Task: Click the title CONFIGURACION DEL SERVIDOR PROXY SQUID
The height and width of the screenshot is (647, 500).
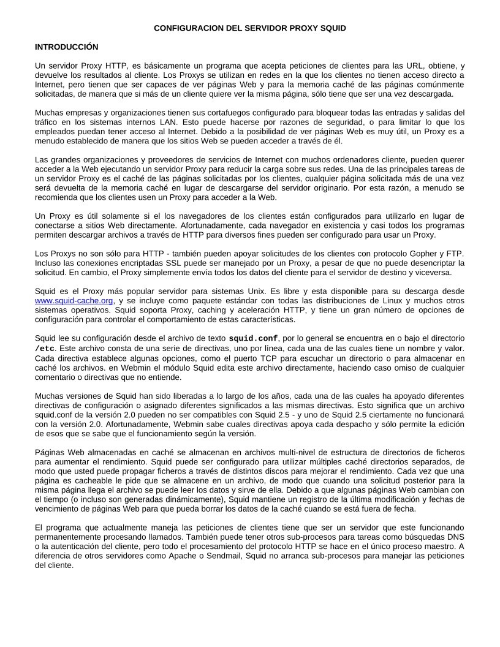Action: [249, 28]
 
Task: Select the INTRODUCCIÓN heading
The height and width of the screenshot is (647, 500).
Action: [66, 47]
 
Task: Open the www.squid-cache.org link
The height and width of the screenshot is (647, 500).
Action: [74, 301]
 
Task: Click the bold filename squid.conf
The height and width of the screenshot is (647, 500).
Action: [253, 339]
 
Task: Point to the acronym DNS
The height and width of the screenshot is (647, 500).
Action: [455, 537]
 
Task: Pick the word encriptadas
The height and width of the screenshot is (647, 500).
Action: [126, 263]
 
